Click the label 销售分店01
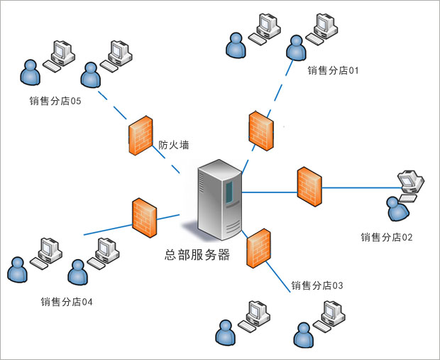pos(334,71)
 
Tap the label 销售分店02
pos(386,237)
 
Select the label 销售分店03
pos(317,285)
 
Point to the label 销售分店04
pos(67,302)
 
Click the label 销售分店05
pos(55,101)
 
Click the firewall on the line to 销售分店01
pos(261,129)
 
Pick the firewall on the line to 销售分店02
pos(309,187)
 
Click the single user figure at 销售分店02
pos(397,209)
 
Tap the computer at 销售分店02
pos(411,182)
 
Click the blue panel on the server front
pos(230,190)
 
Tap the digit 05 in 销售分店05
pos(75,101)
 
